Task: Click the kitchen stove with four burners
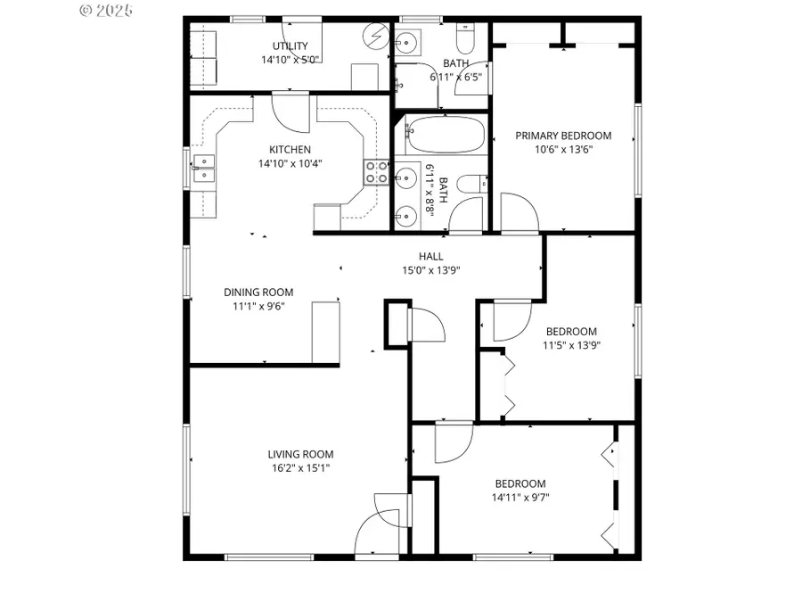375,171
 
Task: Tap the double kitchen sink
204,168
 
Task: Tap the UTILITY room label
291,46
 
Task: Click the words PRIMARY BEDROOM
563,136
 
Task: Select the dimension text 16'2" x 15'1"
304,467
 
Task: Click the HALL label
431,256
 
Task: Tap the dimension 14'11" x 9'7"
520,498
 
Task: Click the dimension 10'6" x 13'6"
563,149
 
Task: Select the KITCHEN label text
291,150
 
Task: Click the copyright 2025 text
106,11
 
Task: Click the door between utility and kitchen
290,111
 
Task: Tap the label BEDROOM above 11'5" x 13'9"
570,332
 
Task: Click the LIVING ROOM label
304,454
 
